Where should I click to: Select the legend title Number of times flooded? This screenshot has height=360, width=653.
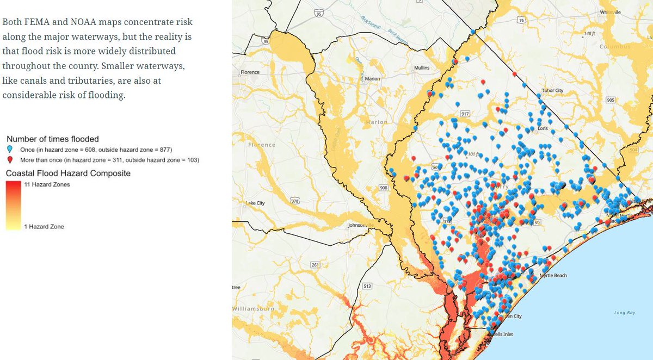pos(52,139)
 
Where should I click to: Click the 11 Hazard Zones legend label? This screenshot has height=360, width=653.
pos(47,184)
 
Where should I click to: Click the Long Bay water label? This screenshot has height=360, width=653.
pos(624,313)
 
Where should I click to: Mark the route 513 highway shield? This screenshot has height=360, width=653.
pos(367,286)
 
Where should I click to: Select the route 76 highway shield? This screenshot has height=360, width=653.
pos(521,20)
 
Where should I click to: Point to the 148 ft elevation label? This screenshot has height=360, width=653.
pos(590,34)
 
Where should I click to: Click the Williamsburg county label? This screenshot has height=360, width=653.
pos(253,308)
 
